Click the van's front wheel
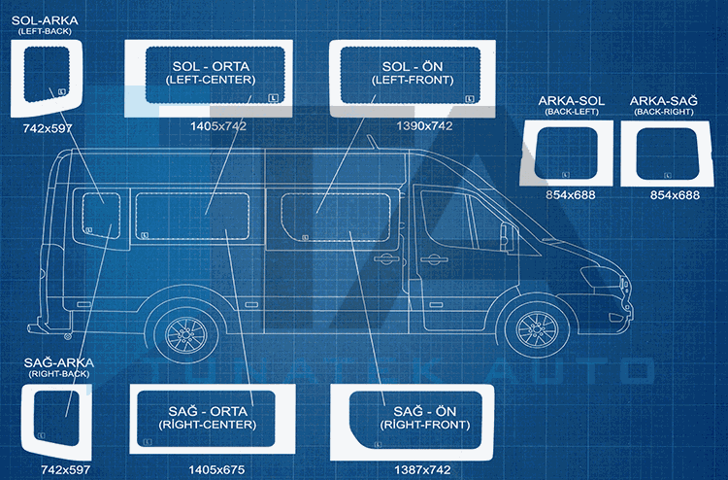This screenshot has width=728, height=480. click(535, 332)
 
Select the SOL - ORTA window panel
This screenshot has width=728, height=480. click(211, 73)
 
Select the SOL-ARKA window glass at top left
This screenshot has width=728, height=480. click(45, 72)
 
